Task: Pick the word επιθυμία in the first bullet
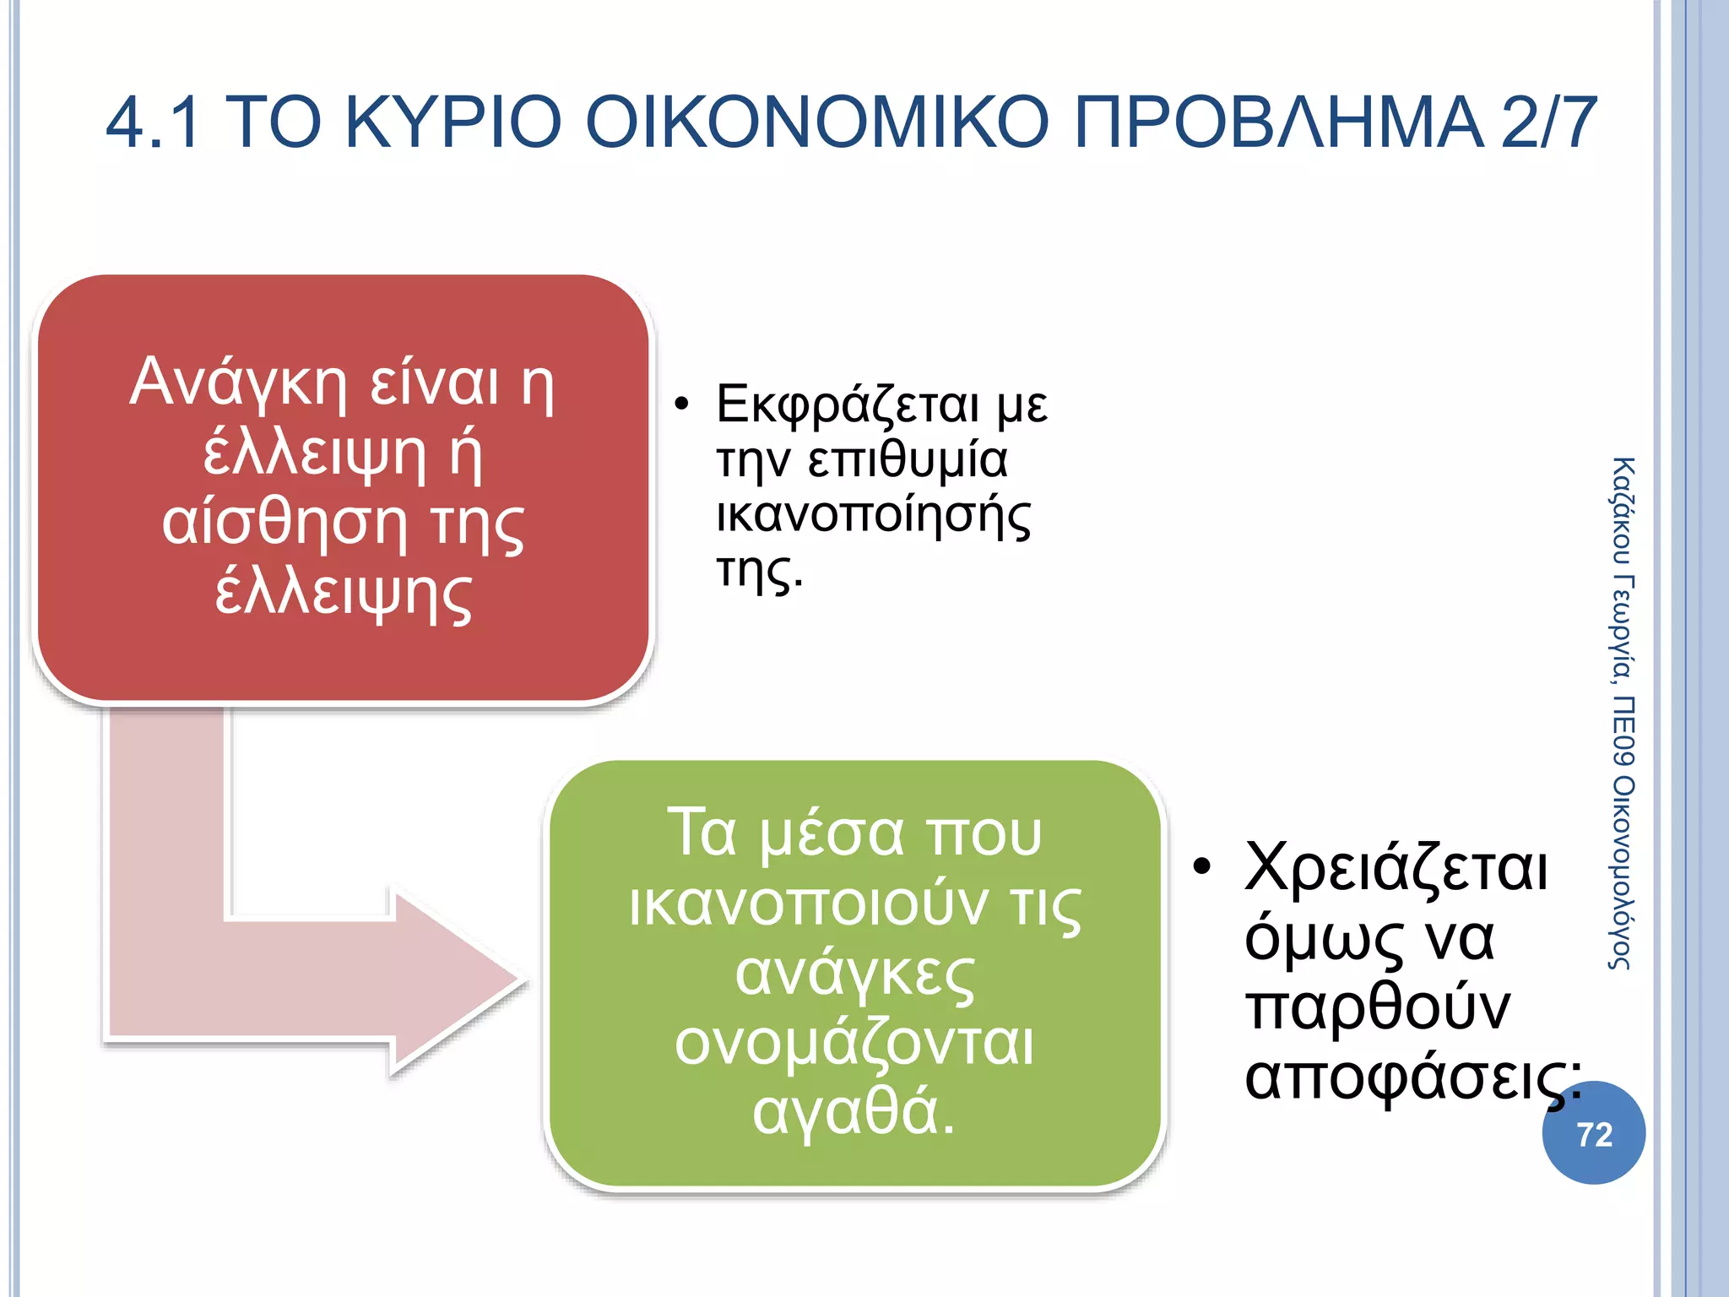tap(908, 461)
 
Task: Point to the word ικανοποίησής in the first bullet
tap(873, 516)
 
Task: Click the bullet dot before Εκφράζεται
tap(682, 404)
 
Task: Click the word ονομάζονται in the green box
tap(854, 1044)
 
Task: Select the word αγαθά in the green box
tap(853, 1113)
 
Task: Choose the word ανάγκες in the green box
tap(854, 974)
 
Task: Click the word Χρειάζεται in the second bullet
tap(1396, 868)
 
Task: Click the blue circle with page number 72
tap(1593, 1133)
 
